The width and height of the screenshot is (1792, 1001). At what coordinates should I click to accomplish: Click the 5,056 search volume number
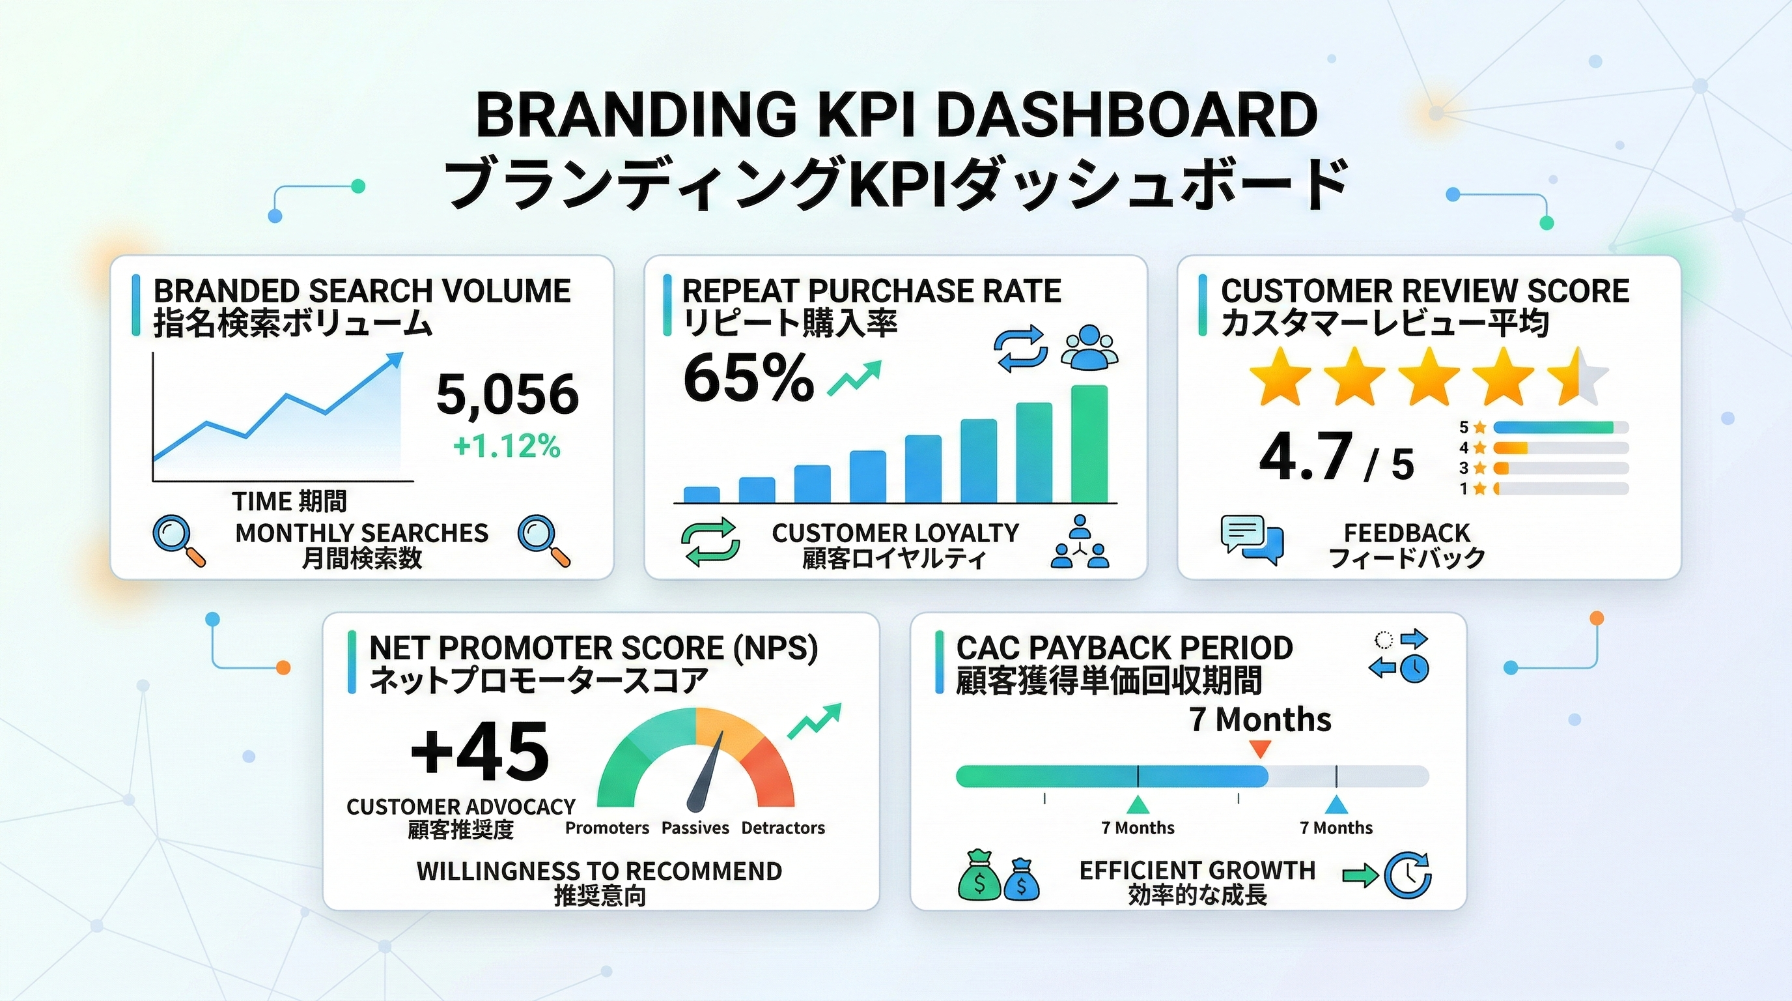click(507, 394)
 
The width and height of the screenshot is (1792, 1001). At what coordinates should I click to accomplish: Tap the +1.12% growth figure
click(507, 446)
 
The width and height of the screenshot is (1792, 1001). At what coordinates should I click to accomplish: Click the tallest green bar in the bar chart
click(1089, 443)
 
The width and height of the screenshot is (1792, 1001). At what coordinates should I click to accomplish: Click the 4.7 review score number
click(1306, 457)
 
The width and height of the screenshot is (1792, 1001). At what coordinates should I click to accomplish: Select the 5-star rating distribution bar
click(1560, 428)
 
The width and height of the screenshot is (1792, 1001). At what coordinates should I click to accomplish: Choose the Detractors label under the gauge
click(783, 828)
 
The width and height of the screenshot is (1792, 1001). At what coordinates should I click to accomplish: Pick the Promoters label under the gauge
click(607, 828)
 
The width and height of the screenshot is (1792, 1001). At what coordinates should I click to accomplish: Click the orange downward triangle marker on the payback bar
click(1260, 749)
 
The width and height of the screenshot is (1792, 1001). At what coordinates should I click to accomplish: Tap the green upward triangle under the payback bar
click(1138, 805)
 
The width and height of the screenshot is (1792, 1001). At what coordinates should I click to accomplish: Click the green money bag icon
click(979, 875)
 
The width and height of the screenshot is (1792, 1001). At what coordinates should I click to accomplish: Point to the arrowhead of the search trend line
click(395, 360)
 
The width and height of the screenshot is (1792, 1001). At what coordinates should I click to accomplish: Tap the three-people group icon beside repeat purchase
click(1089, 347)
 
